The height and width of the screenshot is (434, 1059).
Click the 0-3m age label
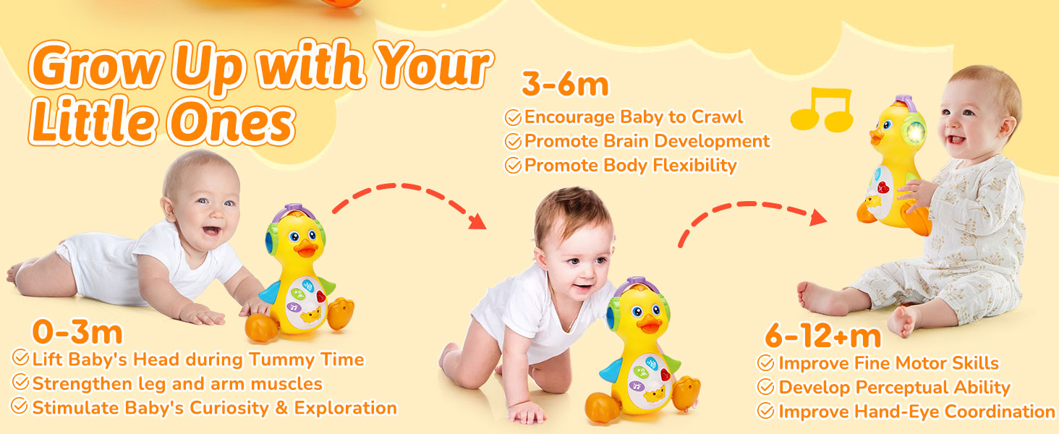(77, 333)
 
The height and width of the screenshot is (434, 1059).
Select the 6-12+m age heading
(822, 336)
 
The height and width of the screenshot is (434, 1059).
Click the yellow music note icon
(822, 110)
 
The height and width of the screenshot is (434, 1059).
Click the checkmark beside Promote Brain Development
(513, 141)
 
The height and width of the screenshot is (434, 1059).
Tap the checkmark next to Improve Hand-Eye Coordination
(765, 412)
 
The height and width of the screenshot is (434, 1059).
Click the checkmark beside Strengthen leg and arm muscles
(20, 383)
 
